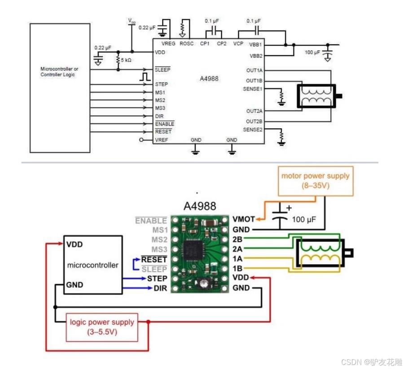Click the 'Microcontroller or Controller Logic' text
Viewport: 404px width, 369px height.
pyautogui.click(x=59, y=72)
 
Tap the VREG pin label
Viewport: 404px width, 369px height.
pyautogui.click(x=168, y=43)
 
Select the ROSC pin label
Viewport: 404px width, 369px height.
pyautogui.click(x=187, y=43)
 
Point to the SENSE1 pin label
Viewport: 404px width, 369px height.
pyautogui.click(x=253, y=89)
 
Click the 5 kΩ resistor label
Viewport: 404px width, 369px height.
pyautogui.click(x=126, y=60)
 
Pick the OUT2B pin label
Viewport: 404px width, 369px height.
pyautogui.click(x=254, y=122)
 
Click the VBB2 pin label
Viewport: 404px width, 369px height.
pyautogui.click(x=256, y=56)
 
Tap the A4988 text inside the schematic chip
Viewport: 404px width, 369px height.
pyautogui.click(x=209, y=79)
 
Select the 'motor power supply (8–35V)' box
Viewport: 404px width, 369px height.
pyautogui.click(x=315, y=180)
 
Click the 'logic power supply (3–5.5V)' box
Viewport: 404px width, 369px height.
pyautogui.click(x=101, y=327)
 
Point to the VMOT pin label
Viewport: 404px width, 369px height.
pyautogui.click(x=244, y=219)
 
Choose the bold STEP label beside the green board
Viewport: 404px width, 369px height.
pyautogui.click(x=157, y=278)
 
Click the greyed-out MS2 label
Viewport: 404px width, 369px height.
pyautogui.click(x=159, y=239)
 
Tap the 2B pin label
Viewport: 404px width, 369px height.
pyautogui.click(x=238, y=239)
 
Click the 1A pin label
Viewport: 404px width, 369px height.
pyautogui.click(x=238, y=259)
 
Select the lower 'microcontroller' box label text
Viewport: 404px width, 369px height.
pyautogui.click(x=93, y=265)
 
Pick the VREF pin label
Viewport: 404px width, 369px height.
pyautogui.click(x=162, y=140)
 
